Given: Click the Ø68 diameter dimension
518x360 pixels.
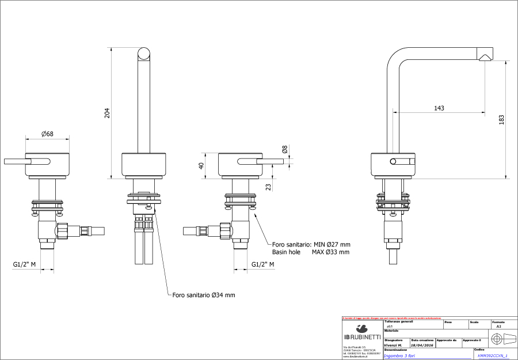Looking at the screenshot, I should pyautogui.click(x=47, y=134).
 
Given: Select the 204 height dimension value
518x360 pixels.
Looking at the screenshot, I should pyautogui.click(x=106, y=113).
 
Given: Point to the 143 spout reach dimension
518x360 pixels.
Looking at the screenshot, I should pyautogui.click(x=439, y=108).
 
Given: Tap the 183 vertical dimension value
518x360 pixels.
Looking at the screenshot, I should pyautogui.click(x=501, y=119).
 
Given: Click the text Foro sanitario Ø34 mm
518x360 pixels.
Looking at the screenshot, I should pyautogui.click(x=204, y=295).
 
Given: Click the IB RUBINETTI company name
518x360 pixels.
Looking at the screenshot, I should pyautogui.click(x=361, y=336).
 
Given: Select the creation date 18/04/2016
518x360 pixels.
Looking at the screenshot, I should pyautogui.click(x=422, y=345).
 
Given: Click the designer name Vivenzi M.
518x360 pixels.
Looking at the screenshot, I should pyautogui.click(x=393, y=345).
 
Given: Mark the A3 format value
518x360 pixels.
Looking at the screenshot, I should pyautogui.click(x=498, y=326).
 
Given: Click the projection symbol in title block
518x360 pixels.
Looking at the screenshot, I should pyautogui.click(x=498, y=336).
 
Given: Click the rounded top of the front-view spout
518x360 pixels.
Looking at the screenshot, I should pyautogui.click(x=145, y=54).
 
